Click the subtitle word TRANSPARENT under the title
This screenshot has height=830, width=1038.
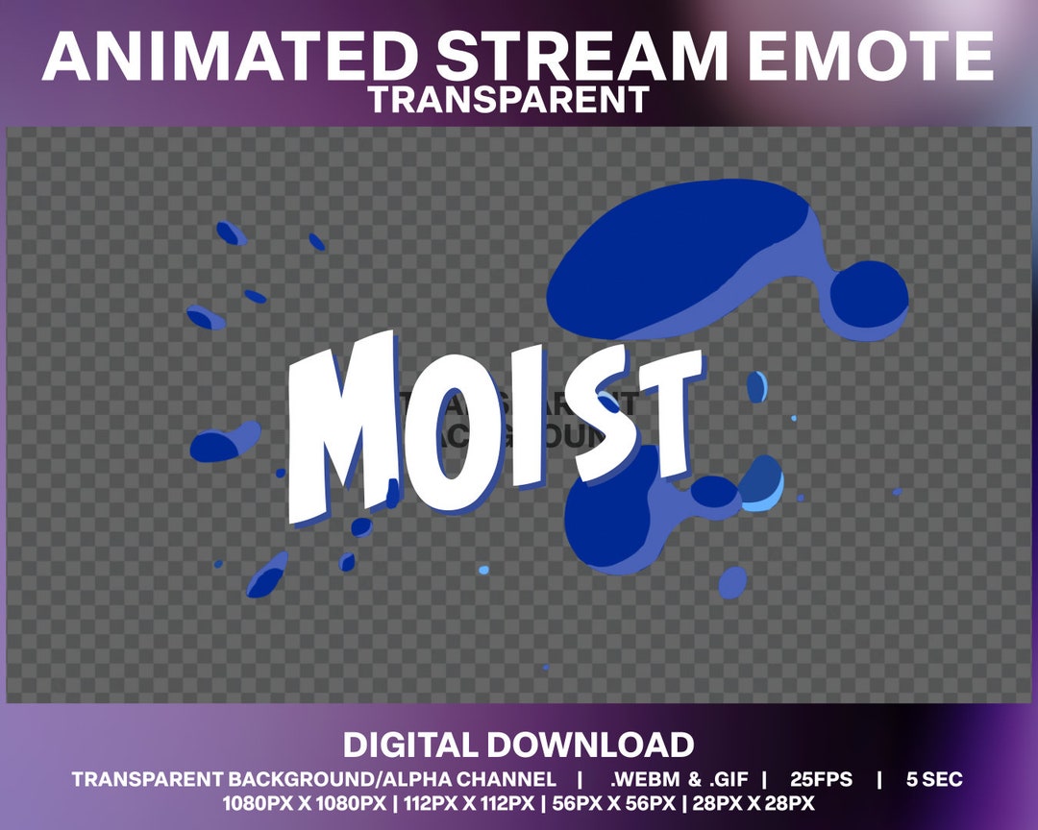point(507,99)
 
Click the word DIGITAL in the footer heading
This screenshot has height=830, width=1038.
point(410,745)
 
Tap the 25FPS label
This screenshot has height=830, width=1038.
point(821,779)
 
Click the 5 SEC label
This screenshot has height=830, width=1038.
point(934,779)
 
